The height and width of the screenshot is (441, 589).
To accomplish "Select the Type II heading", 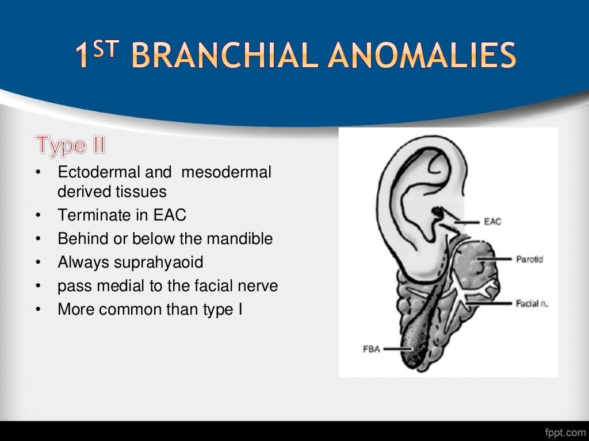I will point(71,145).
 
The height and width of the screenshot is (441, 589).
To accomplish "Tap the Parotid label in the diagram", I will point(529,259).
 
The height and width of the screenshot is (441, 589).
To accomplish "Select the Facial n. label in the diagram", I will point(531,303).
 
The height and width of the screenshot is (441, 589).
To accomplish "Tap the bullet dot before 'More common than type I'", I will point(38,310).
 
